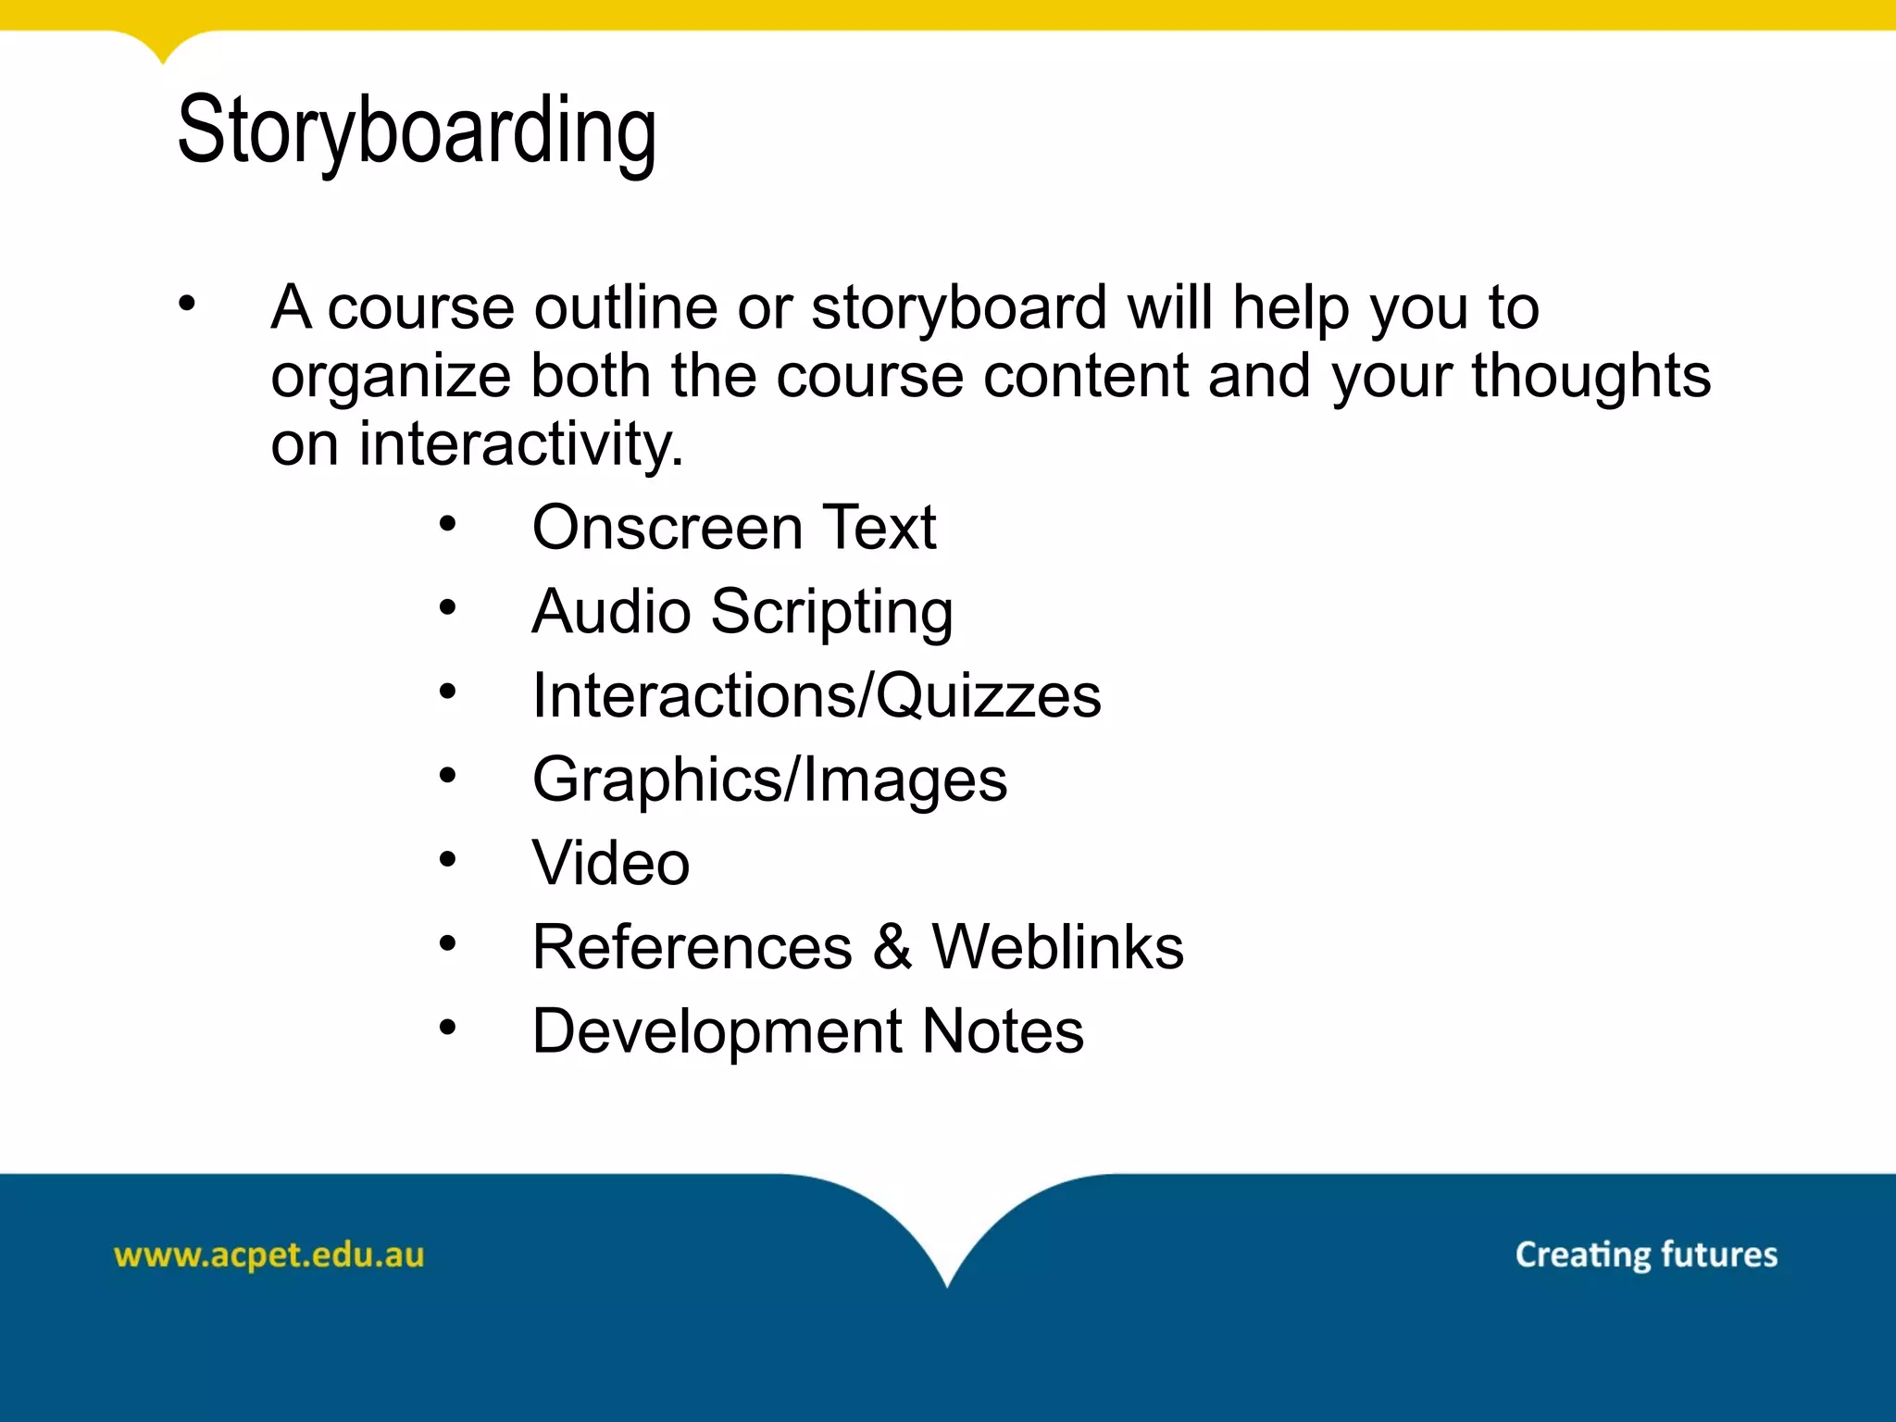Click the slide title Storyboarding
click(x=417, y=131)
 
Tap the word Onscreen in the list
click(x=667, y=528)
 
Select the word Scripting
click(x=832, y=613)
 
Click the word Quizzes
click(x=989, y=696)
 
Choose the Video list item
click(x=611, y=864)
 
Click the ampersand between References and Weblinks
click(x=892, y=947)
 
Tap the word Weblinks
click(x=1057, y=947)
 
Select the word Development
click(x=717, y=1031)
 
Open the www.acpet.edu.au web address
click(x=268, y=1255)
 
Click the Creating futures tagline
click(x=1646, y=1254)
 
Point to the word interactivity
click(x=520, y=444)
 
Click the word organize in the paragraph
click(x=390, y=378)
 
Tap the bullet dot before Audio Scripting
click(x=448, y=608)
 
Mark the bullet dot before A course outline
click(x=188, y=303)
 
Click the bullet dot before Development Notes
click(x=448, y=1027)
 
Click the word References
click(x=692, y=947)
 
